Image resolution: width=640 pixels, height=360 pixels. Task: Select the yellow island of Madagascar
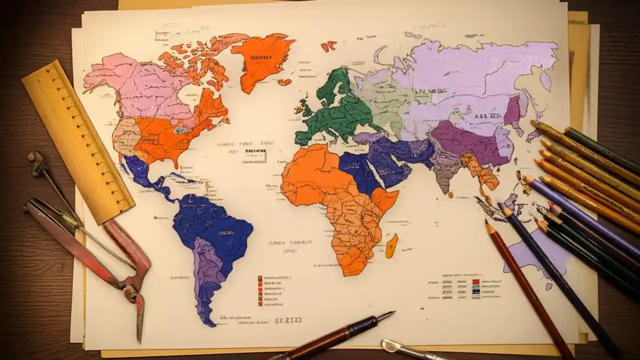[391, 246]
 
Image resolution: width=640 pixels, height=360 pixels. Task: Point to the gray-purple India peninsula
[444, 172]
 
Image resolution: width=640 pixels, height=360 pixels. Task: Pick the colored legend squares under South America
[260, 290]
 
